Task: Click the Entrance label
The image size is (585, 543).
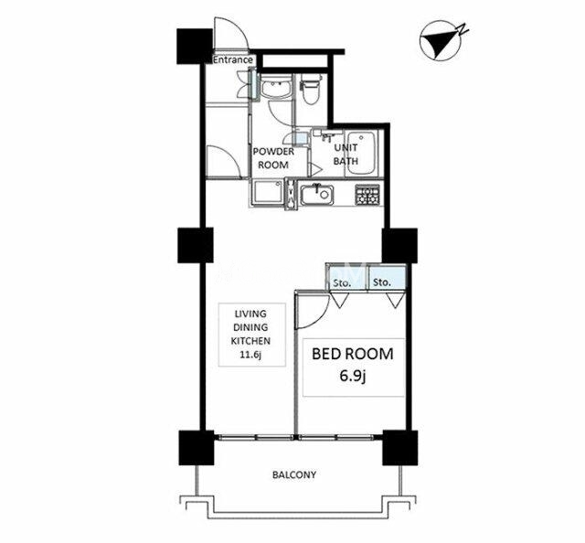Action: pos(233,59)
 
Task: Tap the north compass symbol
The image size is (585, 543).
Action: pos(442,42)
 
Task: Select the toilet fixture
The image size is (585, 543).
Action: pos(311,88)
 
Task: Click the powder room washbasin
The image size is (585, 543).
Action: pos(276,88)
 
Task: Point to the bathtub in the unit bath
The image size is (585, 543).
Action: pos(361,153)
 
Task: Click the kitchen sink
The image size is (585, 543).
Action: pos(317,195)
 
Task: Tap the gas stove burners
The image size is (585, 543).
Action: pos(367,195)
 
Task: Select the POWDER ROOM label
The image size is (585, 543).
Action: pos(273,158)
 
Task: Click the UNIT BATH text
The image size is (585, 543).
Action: pos(346,154)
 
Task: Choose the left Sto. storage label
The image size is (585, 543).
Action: pos(342,282)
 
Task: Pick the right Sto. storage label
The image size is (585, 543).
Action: pos(382,282)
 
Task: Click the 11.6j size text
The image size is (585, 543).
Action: pos(250,354)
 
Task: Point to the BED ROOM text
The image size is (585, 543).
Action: pos(353,354)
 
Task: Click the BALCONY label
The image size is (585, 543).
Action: pos(294,475)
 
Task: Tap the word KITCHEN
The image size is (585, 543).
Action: pos(250,341)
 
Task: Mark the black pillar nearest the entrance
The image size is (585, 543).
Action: pos(194,46)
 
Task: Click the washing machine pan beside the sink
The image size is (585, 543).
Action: pos(268,192)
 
